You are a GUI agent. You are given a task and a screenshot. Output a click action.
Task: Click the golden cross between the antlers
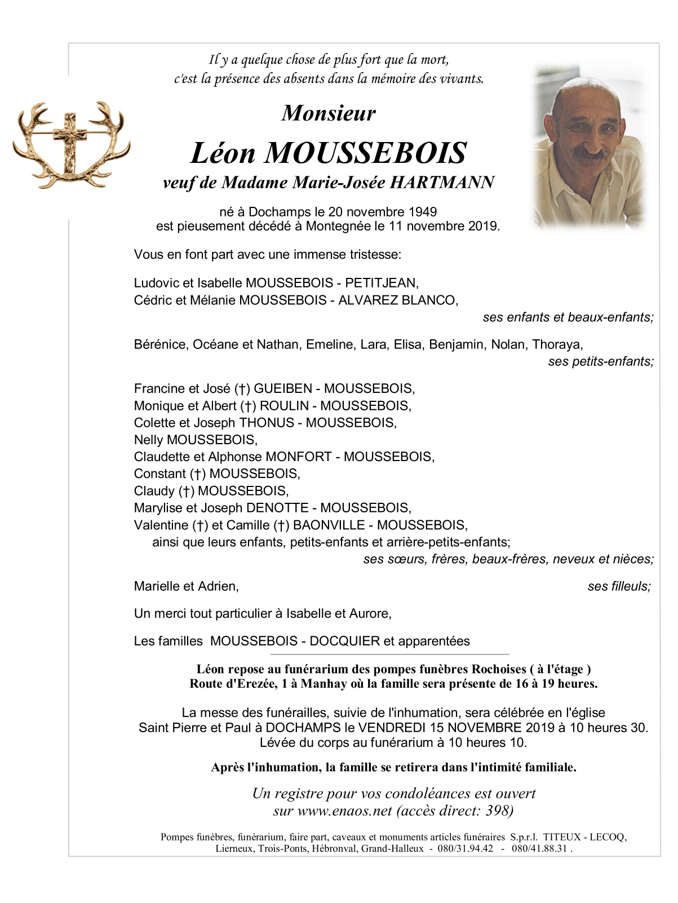click(x=70, y=140)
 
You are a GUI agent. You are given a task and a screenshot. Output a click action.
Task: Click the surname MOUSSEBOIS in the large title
click(x=366, y=153)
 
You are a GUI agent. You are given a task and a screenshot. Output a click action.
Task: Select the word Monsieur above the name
click(x=329, y=113)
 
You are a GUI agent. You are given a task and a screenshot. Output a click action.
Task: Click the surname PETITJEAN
click(x=380, y=283)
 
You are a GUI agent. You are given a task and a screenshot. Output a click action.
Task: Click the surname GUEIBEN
click(x=282, y=388)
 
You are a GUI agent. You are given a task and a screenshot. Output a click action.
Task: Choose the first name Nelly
click(x=148, y=440)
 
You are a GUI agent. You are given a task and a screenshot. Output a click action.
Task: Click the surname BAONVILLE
click(x=329, y=525)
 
